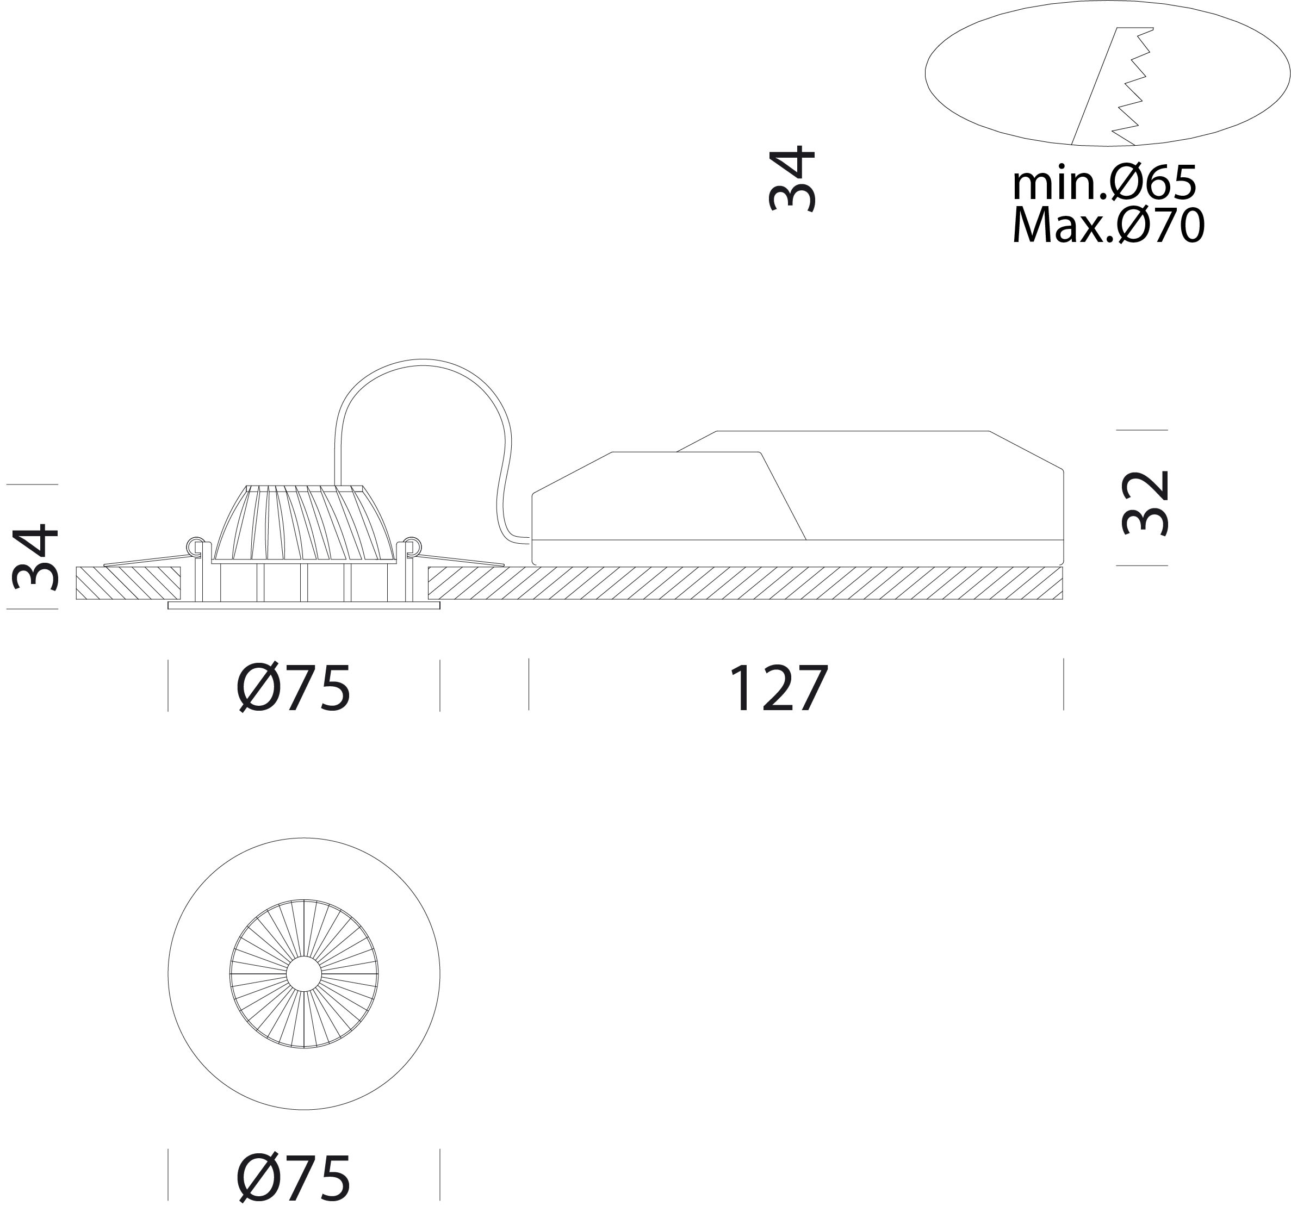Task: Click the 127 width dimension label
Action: click(778, 688)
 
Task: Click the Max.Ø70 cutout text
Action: click(1108, 225)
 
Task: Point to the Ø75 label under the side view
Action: click(294, 688)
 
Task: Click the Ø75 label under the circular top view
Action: click(294, 1178)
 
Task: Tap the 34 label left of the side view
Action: click(36, 557)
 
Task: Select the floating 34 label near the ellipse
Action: click(791, 178)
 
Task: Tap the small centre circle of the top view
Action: click(304, 974)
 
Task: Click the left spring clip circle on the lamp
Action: click(194, 545)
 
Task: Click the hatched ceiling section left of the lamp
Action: click(128, 583)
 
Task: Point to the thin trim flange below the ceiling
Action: click(304, 606)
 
